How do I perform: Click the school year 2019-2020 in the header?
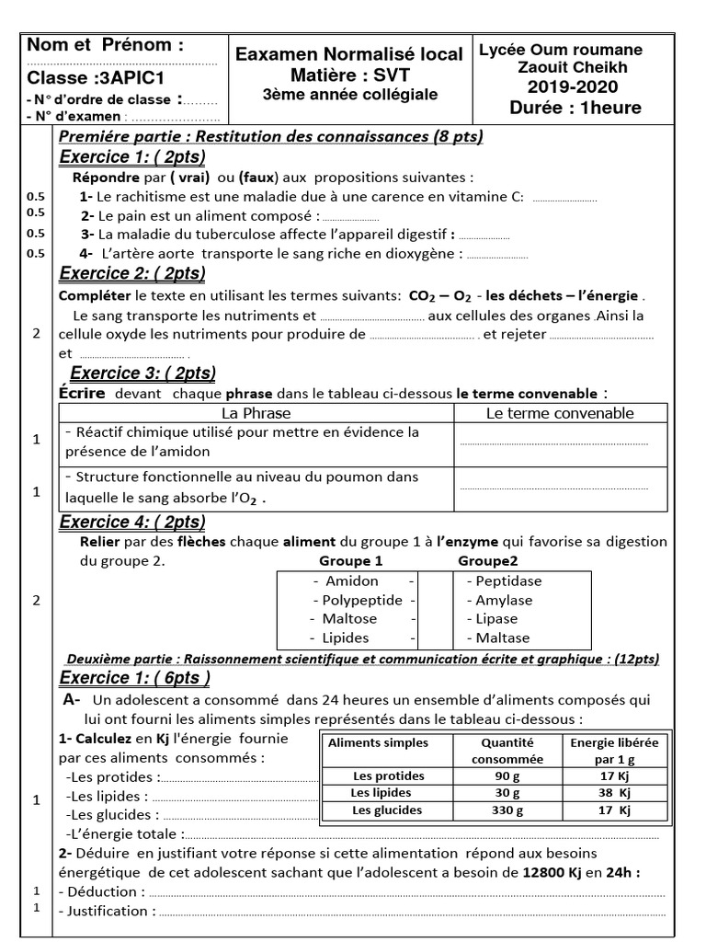pyautogui.click(x=572, y=87)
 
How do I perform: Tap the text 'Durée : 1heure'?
pyautogui.click(x=575, y=109)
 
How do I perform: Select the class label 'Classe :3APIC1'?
pyautogui.click(x=81, y=78)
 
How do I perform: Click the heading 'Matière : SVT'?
pyautogui.click(x=349, y=75)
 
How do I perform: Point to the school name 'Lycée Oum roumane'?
pyautogui.click(x=561, y=50)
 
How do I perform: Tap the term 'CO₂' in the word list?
pyautogui.click(x=424, y=296)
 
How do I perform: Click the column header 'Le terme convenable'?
pyautogui.click(x=559, y=413)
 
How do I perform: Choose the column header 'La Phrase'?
pyautogui.click(x=256, y=413)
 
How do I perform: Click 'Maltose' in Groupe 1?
pyautogui.click(x=350, y=618)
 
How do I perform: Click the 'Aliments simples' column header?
pyautogui.click(x=378, y=742)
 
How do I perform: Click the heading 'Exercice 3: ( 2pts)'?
pyautogui.click(x=142, y=373)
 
